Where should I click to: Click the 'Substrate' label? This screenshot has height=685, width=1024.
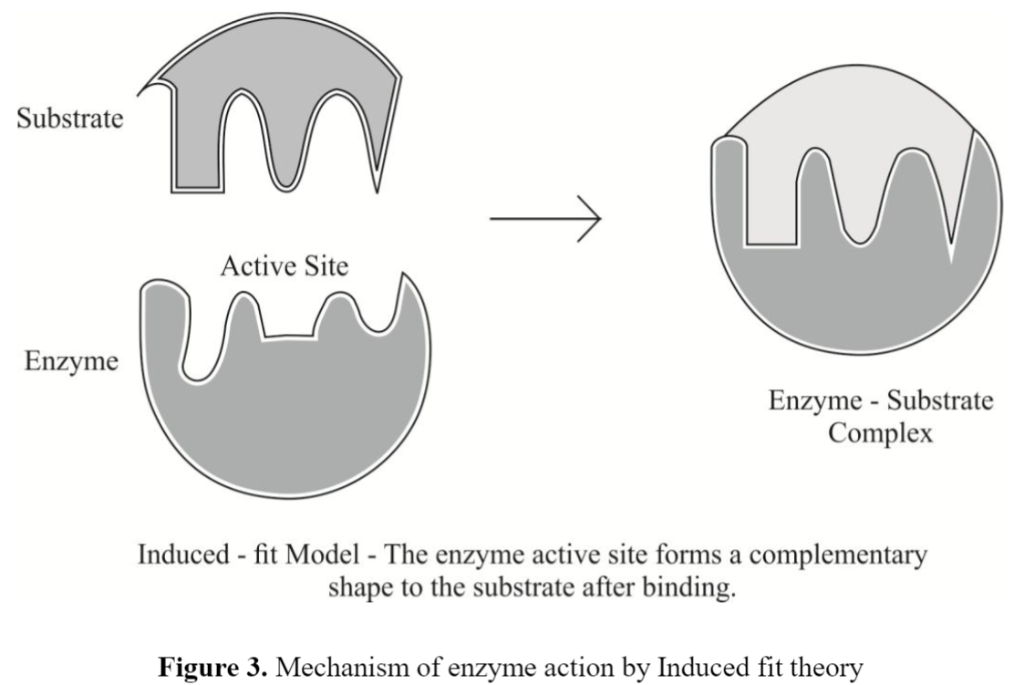click(69, 119)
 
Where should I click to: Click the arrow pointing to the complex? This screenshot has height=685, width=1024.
click(545, 220)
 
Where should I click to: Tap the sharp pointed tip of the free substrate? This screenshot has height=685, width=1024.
click(377, 189)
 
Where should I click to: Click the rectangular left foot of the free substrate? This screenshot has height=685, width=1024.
click(197, 173)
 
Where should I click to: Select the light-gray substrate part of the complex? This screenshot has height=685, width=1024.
click(848, 137)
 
